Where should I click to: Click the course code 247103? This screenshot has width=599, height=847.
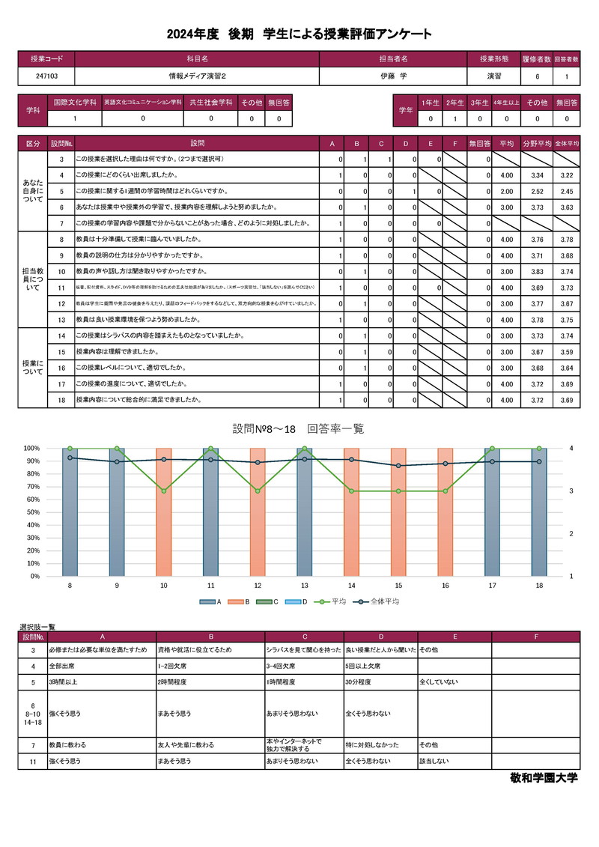46,76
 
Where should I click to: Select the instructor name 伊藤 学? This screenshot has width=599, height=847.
392,76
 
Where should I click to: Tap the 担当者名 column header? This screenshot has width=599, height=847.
392,58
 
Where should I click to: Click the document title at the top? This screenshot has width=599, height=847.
299,34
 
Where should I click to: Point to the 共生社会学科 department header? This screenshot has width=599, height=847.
210,102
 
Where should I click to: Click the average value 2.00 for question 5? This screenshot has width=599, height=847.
506,191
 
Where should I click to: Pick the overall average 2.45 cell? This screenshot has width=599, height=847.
567,191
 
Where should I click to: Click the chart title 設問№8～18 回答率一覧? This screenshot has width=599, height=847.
299,428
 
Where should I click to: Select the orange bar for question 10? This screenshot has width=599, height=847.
163,512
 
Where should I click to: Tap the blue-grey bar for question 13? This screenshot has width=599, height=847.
304,512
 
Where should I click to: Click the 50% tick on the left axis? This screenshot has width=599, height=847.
32,512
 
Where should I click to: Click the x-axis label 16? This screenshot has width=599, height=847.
446,585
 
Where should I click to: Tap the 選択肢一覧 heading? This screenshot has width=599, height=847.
37,626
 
